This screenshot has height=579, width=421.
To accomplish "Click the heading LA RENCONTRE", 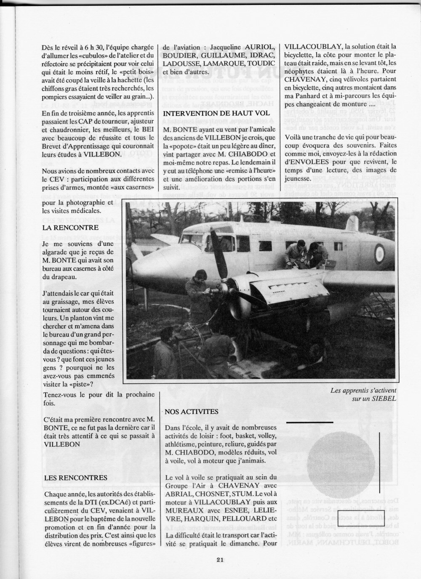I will [x=70, y=228].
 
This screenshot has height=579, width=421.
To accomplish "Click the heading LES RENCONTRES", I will [x=75, y=478].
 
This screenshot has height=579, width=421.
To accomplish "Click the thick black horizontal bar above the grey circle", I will [x=310, y=421].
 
